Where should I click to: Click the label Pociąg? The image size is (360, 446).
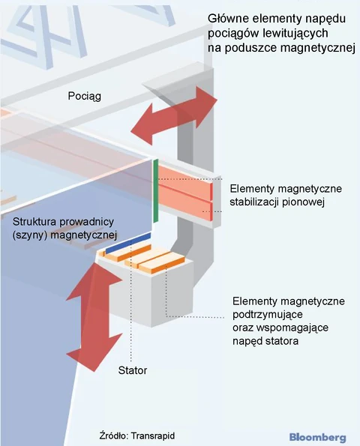(x=84, y=96)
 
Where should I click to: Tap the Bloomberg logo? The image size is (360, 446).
(x=317, y=437)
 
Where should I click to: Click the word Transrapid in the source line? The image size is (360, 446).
(x=153, y=436)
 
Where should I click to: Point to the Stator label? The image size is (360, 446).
(x=133, y=370)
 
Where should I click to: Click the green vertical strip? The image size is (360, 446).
(x=156, y=191)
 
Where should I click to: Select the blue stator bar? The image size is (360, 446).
(x=128, y=242)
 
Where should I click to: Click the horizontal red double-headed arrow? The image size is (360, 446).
(x=174, y=115)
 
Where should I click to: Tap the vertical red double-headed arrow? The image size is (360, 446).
(x=94, y=316)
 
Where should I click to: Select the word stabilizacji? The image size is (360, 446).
(x=254, y=202)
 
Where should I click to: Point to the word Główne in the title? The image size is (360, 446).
(x=228, y=19)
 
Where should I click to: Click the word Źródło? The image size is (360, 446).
(x=114, y=436)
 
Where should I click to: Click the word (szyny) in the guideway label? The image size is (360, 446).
(x=29, y=235)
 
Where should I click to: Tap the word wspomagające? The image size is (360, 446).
(x=292, y=328)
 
